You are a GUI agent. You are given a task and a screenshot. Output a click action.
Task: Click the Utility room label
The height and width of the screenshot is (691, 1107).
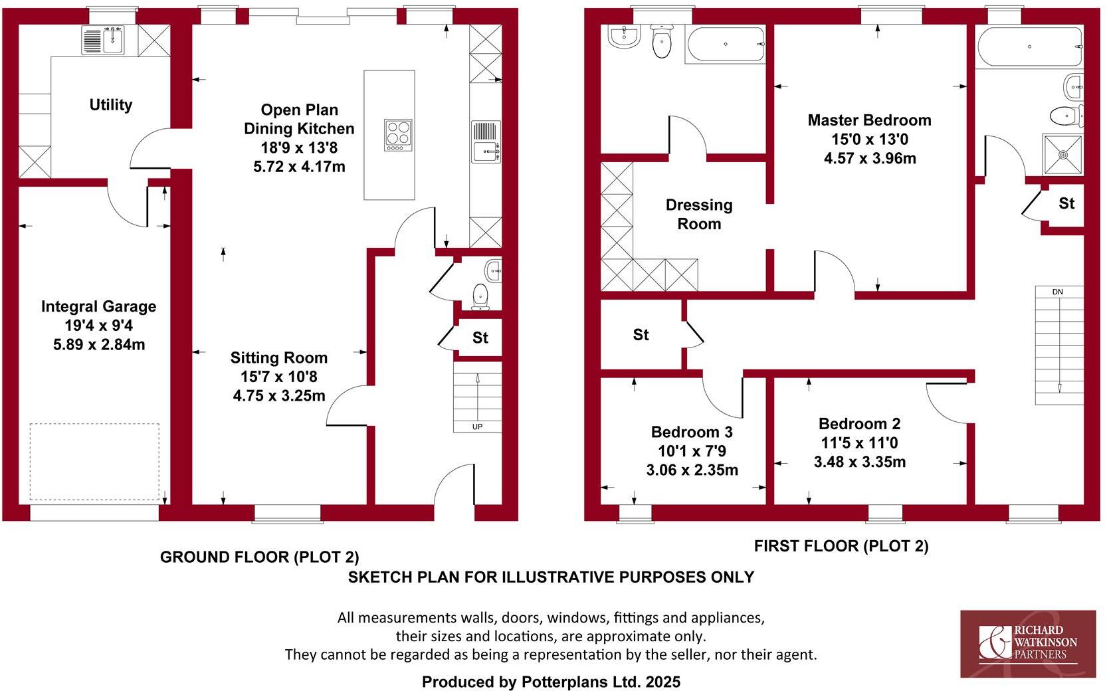110,105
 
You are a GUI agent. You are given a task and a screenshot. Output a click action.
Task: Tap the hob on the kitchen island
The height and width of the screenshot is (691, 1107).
398,135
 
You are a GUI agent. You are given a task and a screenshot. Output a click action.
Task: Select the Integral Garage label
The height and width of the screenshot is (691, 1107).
98,306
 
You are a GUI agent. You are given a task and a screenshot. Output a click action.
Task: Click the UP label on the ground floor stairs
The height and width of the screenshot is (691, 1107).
477,427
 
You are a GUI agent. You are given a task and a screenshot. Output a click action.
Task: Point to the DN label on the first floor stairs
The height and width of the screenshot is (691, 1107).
1058,292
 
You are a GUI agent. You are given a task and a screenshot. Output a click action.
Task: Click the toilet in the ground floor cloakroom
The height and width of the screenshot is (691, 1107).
480,296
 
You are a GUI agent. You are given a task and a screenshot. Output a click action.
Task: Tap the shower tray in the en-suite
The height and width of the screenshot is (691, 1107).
1062,155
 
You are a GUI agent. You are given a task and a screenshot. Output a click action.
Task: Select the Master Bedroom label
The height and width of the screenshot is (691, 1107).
869,120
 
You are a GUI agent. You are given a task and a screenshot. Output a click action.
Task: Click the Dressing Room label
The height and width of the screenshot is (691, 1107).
699,214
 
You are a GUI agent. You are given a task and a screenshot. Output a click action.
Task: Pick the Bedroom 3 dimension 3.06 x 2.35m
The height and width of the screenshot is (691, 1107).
692,470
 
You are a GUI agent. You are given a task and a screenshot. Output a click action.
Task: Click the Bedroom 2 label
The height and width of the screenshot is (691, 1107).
859,424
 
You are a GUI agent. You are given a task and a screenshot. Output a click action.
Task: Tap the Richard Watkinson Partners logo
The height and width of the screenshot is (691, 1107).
1027,644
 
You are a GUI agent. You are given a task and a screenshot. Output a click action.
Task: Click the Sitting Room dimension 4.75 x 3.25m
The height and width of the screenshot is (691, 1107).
278,396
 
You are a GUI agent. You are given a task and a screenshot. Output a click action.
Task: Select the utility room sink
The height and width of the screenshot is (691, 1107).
103,40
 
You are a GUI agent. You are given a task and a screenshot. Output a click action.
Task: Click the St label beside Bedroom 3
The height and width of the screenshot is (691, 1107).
641,335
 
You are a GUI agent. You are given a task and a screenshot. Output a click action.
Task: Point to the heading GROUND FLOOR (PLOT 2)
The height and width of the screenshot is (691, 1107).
259,557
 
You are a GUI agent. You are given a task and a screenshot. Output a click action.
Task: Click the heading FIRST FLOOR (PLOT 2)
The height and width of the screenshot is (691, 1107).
841,546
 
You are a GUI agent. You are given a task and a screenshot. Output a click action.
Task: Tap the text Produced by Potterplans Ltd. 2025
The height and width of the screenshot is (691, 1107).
551,682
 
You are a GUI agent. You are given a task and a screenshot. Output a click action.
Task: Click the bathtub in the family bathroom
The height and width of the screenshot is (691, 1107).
725,45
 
